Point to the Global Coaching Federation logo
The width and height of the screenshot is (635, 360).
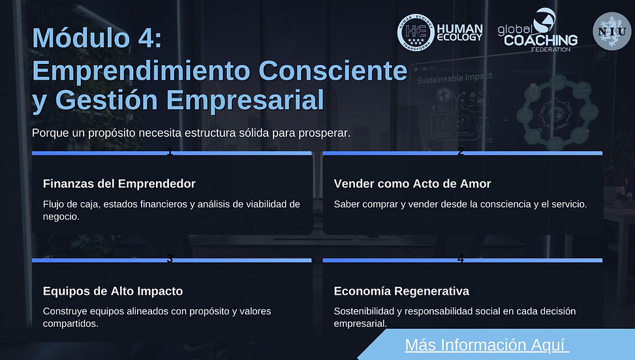click(x=537, y=30)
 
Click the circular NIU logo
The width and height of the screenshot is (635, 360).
click(x=612, y=31)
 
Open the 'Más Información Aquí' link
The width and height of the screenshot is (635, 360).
click(x=487, y=344)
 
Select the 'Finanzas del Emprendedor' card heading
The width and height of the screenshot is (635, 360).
click(x=119, y=184)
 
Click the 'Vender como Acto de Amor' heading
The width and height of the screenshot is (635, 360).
click(x=412, y=184)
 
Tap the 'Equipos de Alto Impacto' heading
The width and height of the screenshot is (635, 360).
click(x=112, y=291)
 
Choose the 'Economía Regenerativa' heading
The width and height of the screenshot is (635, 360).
click(x=401, y=291)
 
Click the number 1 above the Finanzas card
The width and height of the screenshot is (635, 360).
click(x=170, y=152)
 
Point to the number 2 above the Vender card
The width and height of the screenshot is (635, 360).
click(x=461, y=152)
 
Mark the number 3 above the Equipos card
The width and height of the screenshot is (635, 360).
click(x=170, y=259)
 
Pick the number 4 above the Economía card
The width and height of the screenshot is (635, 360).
click(x=461, y=259)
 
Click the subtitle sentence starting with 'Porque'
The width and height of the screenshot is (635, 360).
click(x=191, y=132)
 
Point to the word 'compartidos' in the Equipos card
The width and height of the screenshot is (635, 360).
click(x=70, y=323)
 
